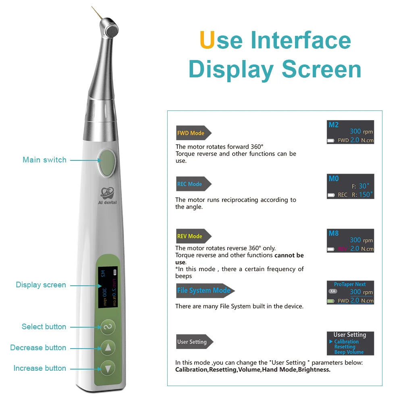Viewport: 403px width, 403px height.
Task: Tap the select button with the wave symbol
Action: pos(108,326)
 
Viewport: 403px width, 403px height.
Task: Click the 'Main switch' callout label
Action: pos(44,160)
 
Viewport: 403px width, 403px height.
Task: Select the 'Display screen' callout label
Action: pos(41,285)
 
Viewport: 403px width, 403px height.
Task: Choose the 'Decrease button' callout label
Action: pos(38,347)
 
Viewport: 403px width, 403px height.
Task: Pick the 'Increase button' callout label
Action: pos(39,368)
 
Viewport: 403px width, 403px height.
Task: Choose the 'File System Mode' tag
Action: pos(204,291)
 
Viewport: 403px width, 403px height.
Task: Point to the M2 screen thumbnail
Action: pos(350,132)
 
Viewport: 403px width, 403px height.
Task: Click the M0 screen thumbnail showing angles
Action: pos(350,186)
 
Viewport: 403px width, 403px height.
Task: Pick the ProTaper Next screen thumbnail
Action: pos(350,293)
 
